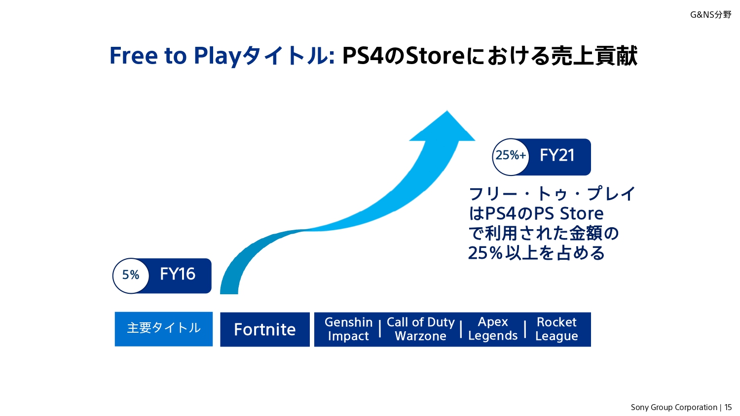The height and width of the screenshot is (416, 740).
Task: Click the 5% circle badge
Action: [131, 276]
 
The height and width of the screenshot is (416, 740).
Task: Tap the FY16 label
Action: [178, 274]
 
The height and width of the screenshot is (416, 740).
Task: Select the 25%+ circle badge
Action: [511, 157]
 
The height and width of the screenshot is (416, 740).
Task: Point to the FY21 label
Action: [557, 155]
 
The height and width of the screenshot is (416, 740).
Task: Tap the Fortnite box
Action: [265, 330]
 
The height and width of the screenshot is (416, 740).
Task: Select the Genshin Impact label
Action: [348, 329]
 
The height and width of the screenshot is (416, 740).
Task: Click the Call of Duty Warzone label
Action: [420, 329]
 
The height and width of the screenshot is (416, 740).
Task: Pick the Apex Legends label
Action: [493, 329]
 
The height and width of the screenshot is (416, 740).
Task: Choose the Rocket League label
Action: [556, 329]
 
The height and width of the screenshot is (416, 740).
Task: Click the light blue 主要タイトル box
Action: [163, 329]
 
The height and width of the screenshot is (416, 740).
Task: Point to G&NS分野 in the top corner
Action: [710, 15]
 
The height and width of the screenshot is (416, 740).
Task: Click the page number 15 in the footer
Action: [728, 408]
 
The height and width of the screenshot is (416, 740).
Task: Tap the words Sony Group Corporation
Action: [674, 408]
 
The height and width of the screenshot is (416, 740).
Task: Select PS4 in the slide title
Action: [363, 56]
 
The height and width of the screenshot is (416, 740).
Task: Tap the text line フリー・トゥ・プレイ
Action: [552, 194]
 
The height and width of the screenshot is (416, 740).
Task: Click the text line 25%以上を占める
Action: [536, 253]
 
